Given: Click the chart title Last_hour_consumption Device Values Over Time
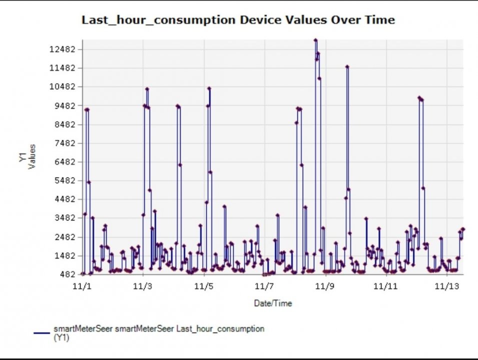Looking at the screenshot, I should (238, 20).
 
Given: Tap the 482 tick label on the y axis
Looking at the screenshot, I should (71, 274).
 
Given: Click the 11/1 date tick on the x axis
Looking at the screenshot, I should (83, 286).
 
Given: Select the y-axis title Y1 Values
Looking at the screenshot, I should (28, 156).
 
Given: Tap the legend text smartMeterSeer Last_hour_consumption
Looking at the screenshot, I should (159, 328).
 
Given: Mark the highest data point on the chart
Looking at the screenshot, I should (315, 40).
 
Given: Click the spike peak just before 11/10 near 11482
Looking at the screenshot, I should (347, 66).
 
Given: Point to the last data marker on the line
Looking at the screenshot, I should (463, 229).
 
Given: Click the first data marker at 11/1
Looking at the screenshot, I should (83, 273).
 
